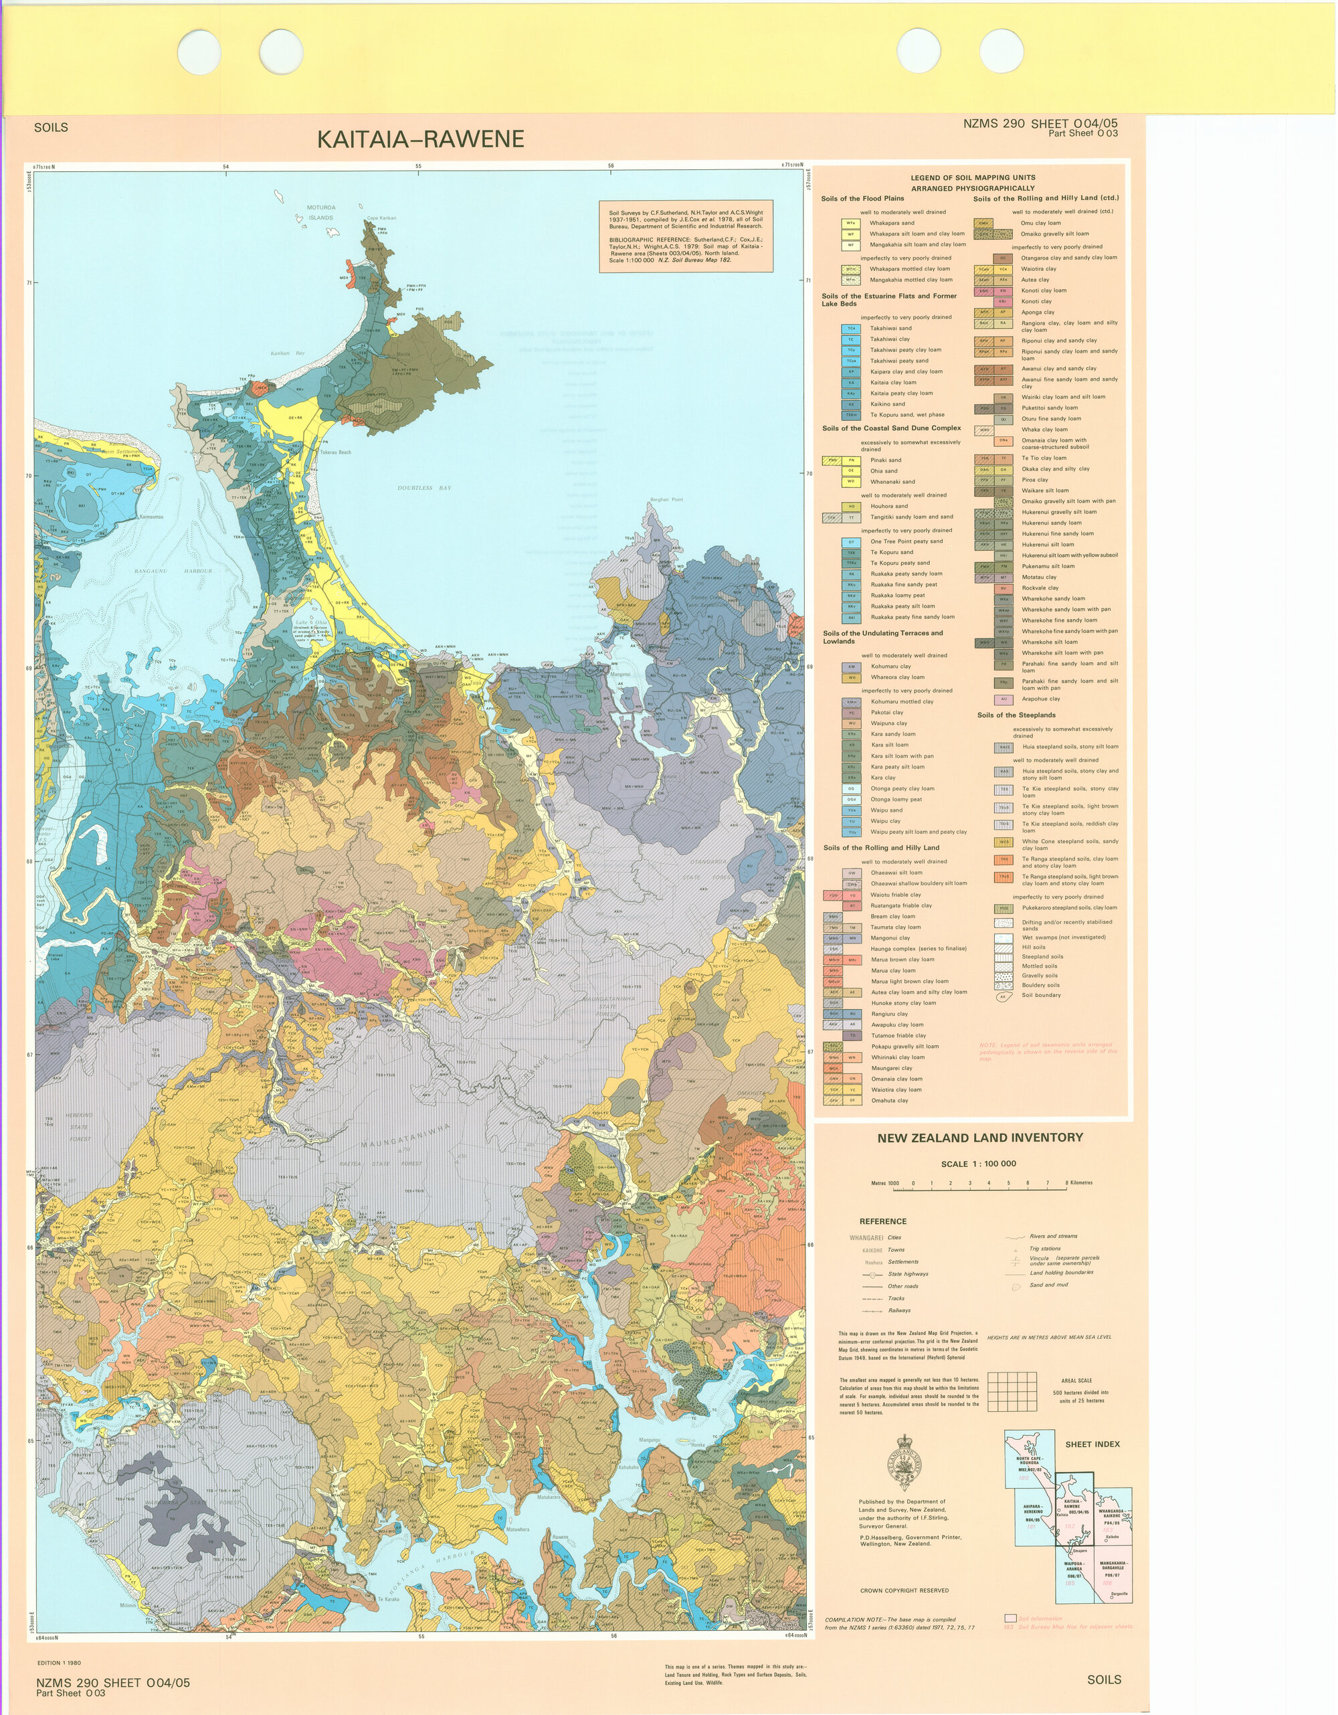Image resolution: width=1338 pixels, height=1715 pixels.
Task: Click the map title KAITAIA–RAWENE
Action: pyautogui.click(x=420, y=139)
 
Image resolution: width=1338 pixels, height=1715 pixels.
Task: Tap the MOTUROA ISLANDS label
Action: pyautogui.click(x=320, y=213)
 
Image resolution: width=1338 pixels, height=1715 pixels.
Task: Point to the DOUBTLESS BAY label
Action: pyautogui.click(x=424, y=488)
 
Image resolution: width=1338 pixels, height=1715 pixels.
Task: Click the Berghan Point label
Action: pyautogui.click(x=666, y=499)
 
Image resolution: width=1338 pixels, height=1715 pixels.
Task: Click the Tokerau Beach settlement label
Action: pyautogui.click(x=335, y=452)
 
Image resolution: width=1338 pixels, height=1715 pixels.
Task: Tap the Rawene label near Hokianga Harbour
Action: pyautogui.click(x=559, y=1537)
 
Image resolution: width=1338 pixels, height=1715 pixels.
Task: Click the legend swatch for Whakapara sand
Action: pyautogui.click(x=850, y=223)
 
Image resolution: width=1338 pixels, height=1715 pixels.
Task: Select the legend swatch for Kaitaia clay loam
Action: pyautogui.click(x=850, y=383)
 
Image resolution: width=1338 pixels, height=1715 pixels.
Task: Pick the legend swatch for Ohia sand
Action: pyautogui.click(x=850, y=471)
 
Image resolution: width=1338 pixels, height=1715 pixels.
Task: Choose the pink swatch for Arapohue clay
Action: pyautogui.click(x=1003, y=699)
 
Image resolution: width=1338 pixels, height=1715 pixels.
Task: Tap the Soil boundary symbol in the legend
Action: pyautogui.click(x=1003, y=996)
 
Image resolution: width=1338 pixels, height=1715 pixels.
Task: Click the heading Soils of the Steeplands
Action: pyautogui.click(x=1016, y=715)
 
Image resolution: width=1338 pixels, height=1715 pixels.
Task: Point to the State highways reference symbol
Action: pyautogui.click(x=872, y=1275)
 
